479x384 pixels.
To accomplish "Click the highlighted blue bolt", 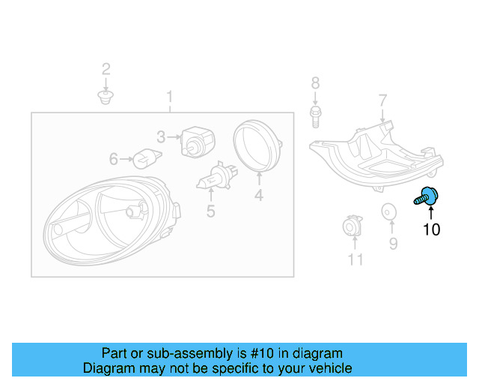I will (x=427, y=197).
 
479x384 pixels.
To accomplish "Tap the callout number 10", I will (x=432, y=229).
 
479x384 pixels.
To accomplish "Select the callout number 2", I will (x=106, y=70).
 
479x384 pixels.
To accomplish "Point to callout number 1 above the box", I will (x=170, y=97).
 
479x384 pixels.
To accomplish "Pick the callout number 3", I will (x=161, y=136).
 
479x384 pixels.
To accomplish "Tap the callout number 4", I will (x=258, y=196).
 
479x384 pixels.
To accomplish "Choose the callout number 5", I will (x=210, y=211).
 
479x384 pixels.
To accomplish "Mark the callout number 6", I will (x=114, y=159).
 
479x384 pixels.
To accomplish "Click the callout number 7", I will (x=382, y=100).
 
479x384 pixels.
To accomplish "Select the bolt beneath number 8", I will (x=315, y=115).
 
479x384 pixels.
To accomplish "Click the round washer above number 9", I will (x=389, y=212).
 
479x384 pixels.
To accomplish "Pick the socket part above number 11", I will (x=351, y=227).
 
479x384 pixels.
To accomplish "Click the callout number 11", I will (x=355, y=259).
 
